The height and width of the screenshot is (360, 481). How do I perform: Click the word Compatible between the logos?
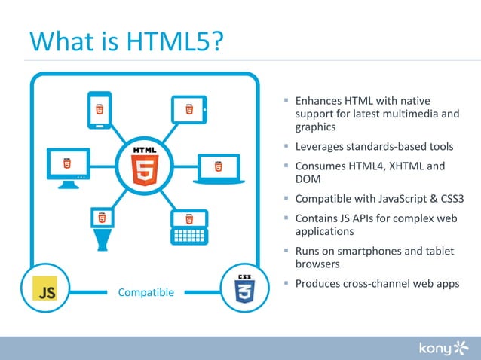point(146,292)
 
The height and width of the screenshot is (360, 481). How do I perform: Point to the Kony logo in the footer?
point(444,347)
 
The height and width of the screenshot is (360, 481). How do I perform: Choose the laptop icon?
point(218,169)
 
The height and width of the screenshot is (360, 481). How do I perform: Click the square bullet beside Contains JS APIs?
point(286,217)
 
